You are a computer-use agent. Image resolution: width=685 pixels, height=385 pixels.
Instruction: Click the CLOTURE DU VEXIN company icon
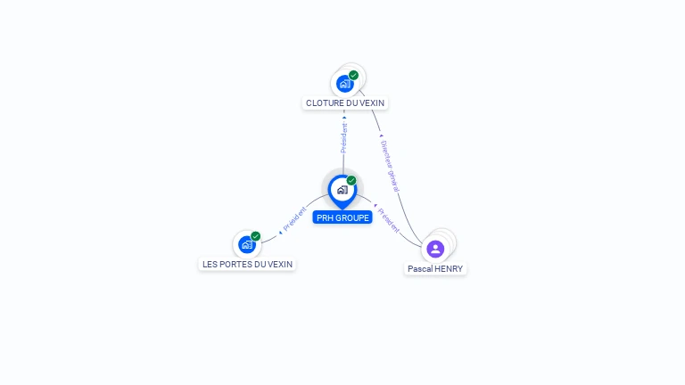(344, 84)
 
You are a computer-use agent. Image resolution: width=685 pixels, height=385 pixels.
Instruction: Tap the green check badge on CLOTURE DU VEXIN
(354, 75)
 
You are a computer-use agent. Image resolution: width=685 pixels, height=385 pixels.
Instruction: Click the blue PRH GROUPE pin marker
(342, 190)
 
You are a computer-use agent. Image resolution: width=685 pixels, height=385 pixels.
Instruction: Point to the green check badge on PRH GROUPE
(351, 180)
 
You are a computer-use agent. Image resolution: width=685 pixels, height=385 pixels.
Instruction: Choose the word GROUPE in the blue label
(352, 217)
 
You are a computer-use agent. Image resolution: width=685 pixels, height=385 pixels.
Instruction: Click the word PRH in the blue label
(325, 217)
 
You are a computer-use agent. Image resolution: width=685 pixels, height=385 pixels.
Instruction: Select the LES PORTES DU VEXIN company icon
(246, 244)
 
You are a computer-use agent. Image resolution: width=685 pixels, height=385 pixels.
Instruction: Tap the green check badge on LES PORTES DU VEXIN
(256, 236)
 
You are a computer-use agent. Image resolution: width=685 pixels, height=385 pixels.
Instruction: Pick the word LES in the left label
(210, 264)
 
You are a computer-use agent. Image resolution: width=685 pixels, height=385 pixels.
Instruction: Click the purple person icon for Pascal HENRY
(435, 249)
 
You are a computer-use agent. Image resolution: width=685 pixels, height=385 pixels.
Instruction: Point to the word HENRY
(450, 268)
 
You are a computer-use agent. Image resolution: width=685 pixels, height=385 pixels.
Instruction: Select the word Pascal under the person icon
(421, 268)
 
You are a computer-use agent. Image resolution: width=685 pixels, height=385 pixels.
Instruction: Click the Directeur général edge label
(390, 166)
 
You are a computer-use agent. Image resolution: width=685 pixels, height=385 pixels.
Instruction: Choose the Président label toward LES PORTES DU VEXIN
(293, 223)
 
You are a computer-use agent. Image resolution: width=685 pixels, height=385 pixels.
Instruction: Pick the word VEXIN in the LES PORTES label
(279, 264)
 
